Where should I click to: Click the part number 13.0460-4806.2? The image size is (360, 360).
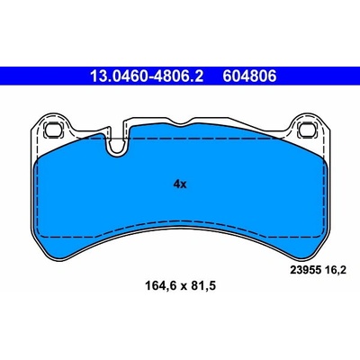[147, 76]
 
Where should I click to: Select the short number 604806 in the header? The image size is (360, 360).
[249, 76]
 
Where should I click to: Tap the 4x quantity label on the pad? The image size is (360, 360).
[180, 184]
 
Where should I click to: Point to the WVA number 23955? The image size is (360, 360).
[304, 270]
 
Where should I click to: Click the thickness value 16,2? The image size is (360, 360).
[334, 270]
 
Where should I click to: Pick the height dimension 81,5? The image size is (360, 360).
[202, 285]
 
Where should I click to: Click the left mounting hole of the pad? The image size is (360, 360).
[53, 130]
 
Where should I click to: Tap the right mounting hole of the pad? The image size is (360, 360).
[307, 130]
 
